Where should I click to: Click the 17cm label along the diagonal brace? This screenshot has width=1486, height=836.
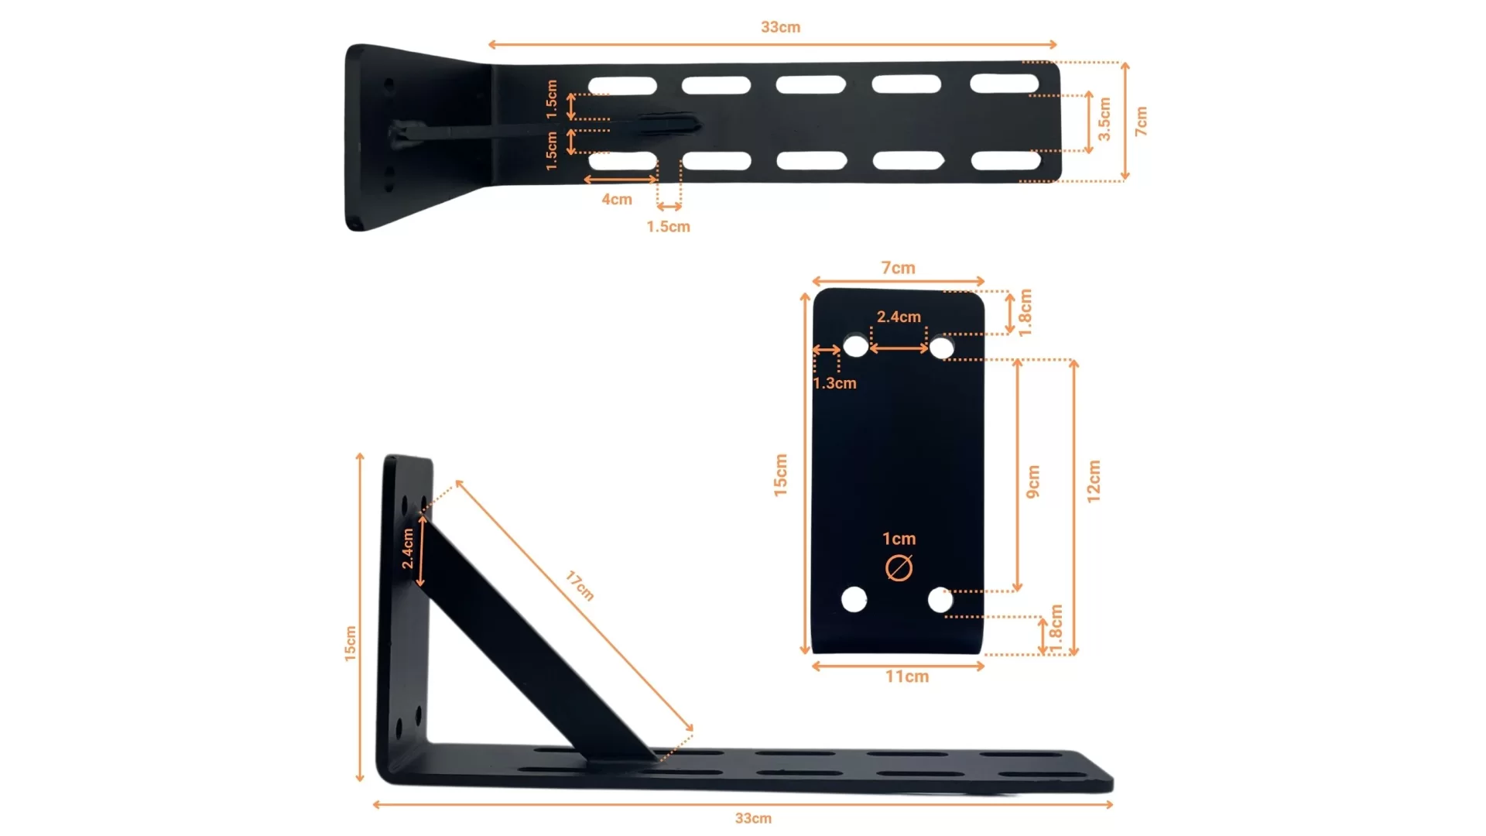[x=580, y=585]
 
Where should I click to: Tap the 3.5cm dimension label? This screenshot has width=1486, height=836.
[x=1104, y=119]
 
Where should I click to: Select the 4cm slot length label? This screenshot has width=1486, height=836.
[x=617, y=200]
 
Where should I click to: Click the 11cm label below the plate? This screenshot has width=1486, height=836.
[x=907, y=677]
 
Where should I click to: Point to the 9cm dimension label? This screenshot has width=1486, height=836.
[x=1033, y=481]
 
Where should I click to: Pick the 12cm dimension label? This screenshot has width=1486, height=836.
[x=1094, y=481]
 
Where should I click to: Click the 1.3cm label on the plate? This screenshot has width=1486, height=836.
[x=835, y=383]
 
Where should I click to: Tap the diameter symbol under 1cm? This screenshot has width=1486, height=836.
[x=899, y=568]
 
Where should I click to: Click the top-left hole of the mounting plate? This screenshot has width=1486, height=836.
[x=855, y=346]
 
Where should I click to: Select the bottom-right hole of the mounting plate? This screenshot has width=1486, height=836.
[x=940, y=600]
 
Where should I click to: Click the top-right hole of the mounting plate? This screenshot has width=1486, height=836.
[x=941, y=348]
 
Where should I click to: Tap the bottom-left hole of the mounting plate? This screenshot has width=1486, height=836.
[x=854, y=599]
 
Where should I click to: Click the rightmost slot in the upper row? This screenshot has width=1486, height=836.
[x=1005, y=83]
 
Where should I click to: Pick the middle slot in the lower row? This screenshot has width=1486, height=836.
[x=812, y=161]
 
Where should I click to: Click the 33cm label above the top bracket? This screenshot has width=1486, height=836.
[x=780, y=27]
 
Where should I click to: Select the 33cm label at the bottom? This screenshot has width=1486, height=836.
[x=753, y=818]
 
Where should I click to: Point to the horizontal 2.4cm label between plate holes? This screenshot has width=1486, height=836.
[x=899, y=317]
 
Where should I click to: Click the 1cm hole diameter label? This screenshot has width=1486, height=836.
[x=899, y=539]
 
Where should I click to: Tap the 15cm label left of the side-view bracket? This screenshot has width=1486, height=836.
[x=351, y=643]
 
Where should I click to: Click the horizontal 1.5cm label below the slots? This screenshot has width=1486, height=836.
[x=669, y=227]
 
